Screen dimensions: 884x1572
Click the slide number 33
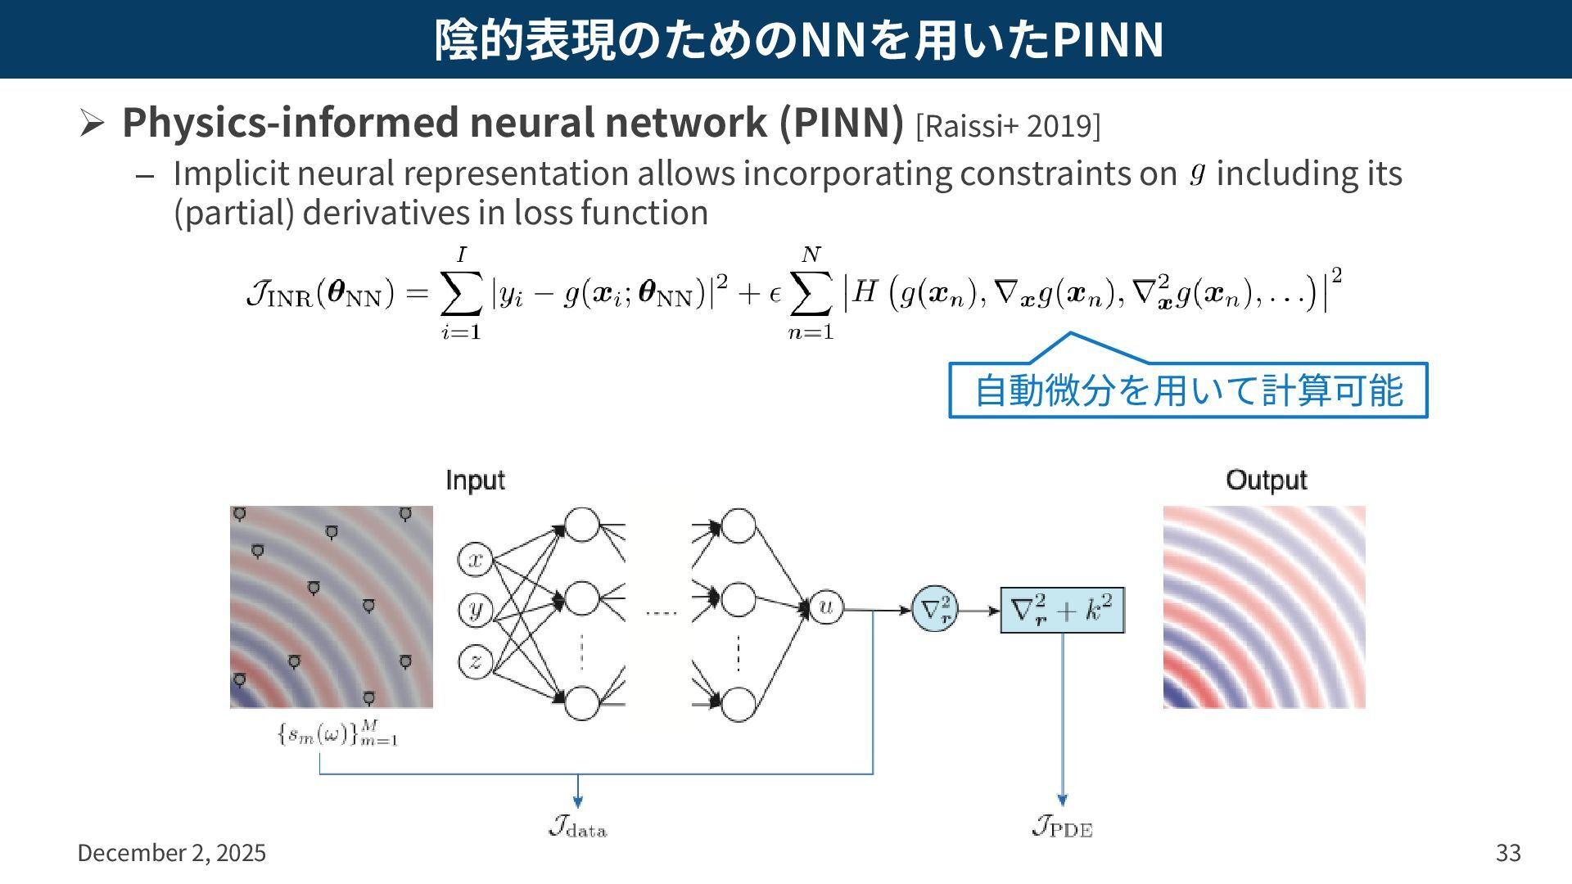click(x=1508, y=853)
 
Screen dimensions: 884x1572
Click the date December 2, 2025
click(x=171, y=853)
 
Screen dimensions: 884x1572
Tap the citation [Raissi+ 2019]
click(x=1008, y=126)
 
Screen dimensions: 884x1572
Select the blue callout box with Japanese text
click(x=1188, y=390)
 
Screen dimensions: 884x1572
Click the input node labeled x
click(x=475, y=560)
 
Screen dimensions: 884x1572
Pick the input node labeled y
click(x=475, y=611)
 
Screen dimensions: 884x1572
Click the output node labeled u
click(x=825, y=608)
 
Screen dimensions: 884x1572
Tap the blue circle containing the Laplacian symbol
click(x=935, y=610)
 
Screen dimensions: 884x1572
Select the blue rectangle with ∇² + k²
click(x=1062, y=610)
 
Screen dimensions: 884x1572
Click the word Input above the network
click(x=475, y=480)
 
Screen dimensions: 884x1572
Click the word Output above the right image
click(x=1266, y=480)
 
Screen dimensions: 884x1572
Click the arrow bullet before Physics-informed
click(x=92, y=124)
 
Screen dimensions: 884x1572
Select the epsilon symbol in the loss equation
click(x=775, y=295)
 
